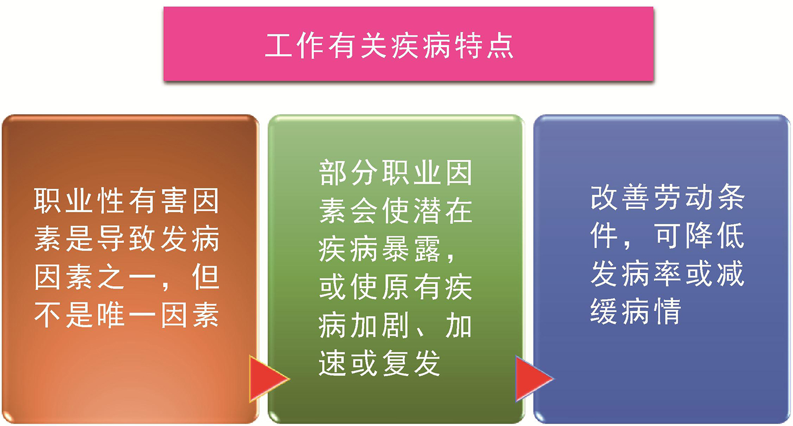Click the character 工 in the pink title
click(278, 45)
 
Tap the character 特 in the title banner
click(468, 45)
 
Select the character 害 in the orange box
click(174, 200)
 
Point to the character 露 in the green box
click(427, 249)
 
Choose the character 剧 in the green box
click(395, 325)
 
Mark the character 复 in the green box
click(395, 363)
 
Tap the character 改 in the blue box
click(603, 197)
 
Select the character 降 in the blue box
click(698, 235)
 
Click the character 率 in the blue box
click(667, 273)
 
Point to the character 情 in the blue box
click(667, 311)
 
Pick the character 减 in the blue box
click(730, 273)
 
